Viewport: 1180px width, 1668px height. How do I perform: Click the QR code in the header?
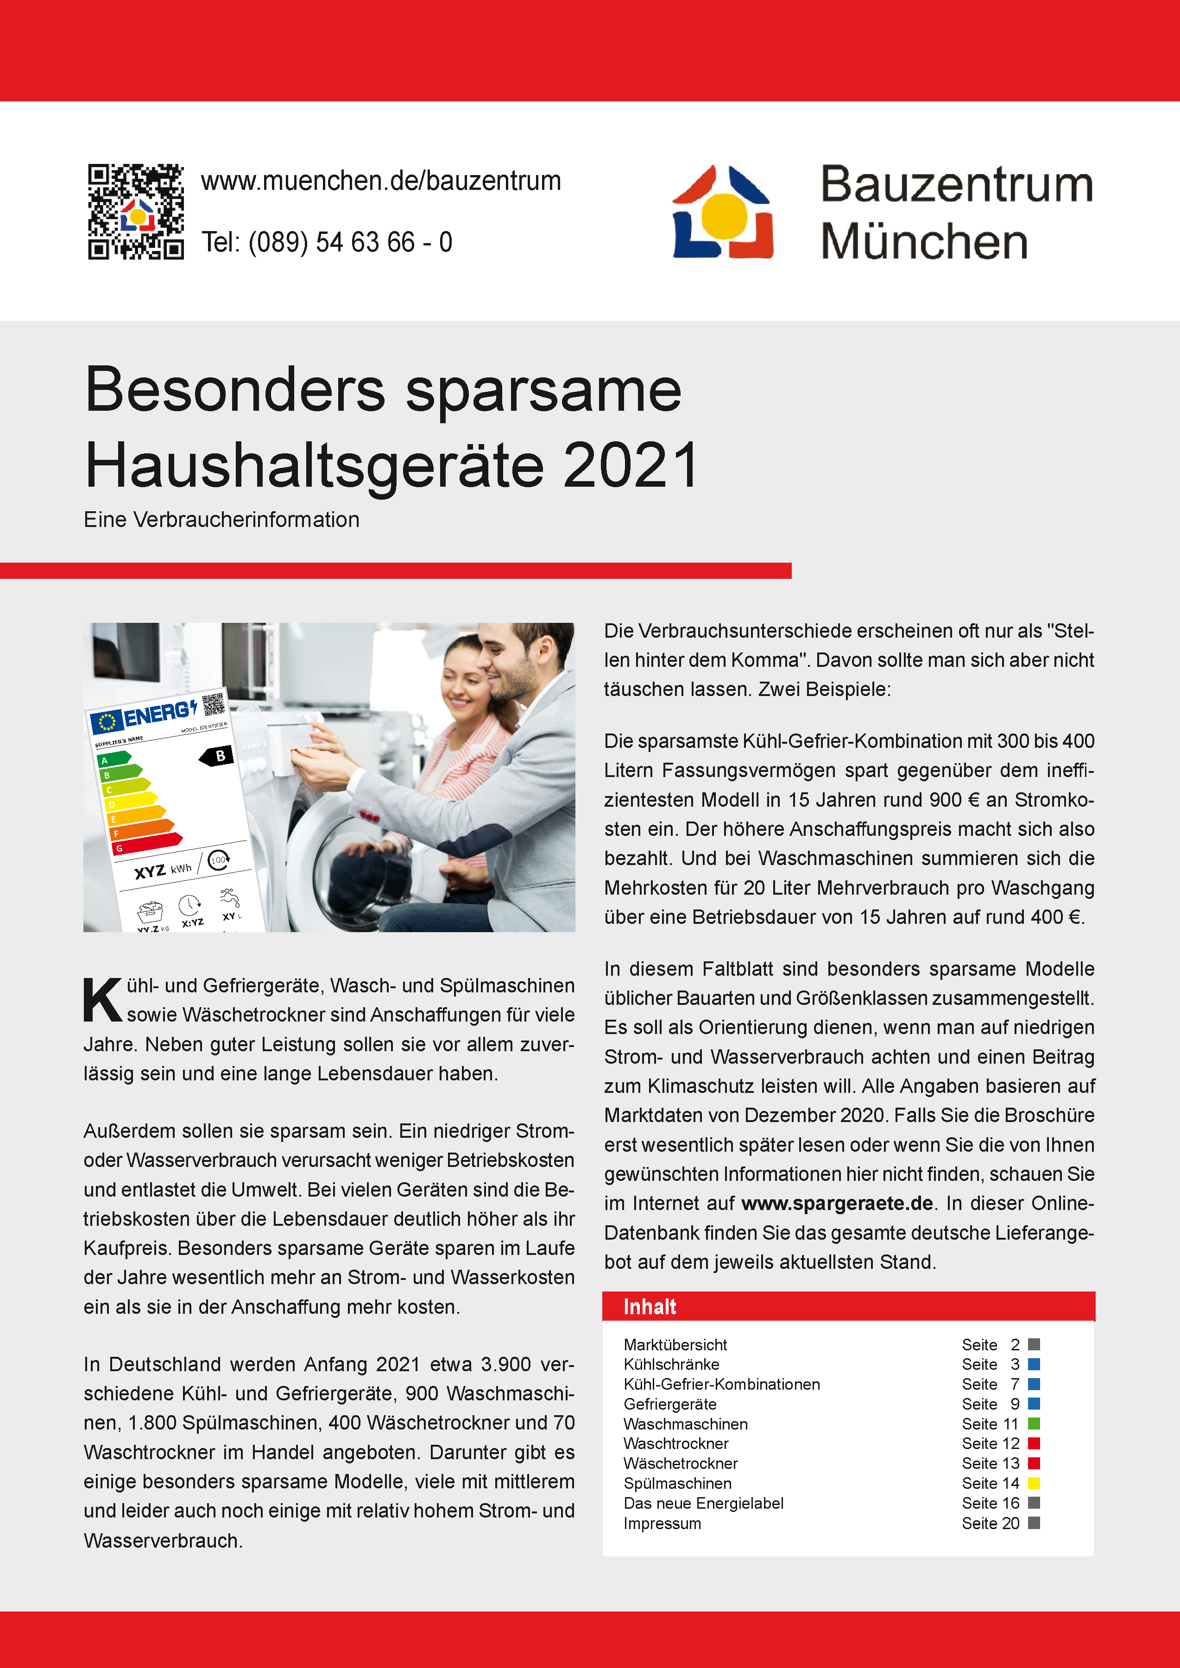136,212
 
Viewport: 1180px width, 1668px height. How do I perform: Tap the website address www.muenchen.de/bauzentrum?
381,181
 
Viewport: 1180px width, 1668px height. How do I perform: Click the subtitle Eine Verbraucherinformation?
221,520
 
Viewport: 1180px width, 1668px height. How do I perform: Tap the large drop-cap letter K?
102,1000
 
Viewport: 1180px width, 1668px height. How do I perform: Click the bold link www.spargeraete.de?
837,1203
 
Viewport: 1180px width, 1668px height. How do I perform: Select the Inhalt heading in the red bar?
650,1307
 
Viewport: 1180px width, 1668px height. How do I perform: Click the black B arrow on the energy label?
217,756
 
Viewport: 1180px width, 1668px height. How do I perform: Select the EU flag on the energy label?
107,722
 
